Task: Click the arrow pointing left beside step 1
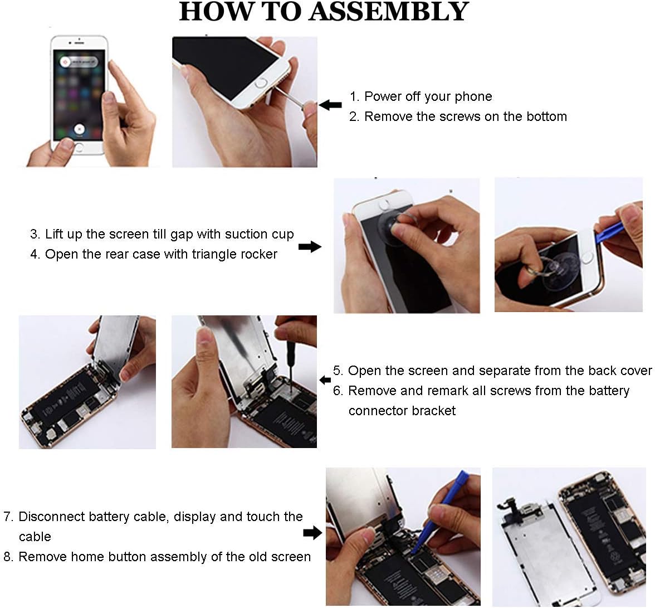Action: (330, 105)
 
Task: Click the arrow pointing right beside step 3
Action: (310, 246)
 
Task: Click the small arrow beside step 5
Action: (325, 380)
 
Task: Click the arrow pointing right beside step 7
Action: (312, 533)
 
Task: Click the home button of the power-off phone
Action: (79, 148)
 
